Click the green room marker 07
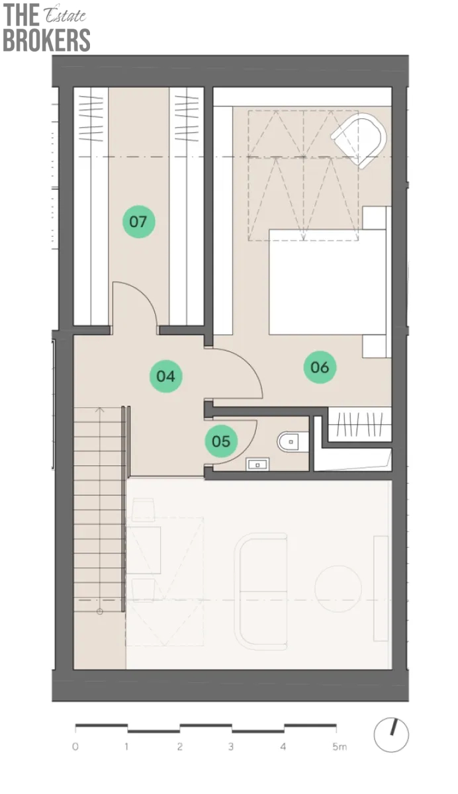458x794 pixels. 138,222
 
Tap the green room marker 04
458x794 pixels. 166,376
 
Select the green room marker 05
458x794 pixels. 221,441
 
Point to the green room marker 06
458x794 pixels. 320,367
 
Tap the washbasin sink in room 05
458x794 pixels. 257,464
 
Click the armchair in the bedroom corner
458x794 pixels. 359,140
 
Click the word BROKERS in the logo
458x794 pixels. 46,40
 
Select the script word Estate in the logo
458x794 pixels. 64,15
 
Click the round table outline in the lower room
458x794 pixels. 338,589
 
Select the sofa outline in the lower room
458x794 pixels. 261,592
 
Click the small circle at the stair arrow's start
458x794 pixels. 100,611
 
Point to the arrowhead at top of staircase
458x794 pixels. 100,410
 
